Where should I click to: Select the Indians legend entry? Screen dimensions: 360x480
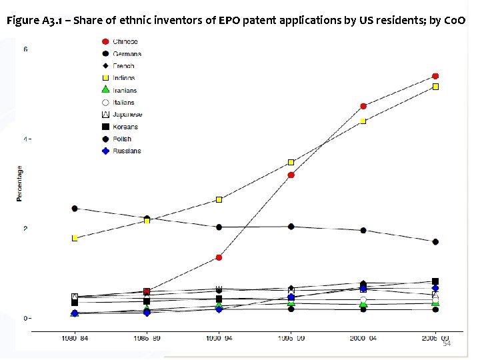(x=123, y=78)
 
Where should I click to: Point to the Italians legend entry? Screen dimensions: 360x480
(x=123, y=103)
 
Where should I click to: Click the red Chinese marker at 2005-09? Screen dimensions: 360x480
(x=435, y=76)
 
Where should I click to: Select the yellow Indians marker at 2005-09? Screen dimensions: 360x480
(x=435, y=87)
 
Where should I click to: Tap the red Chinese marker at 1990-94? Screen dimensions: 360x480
(x=219, y=257)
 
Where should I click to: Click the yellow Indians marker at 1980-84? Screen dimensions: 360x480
(x=75, y=238)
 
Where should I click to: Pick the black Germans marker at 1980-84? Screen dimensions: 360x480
(x=75, y=209)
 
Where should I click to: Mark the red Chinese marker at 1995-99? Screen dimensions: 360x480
(x=291, y=175)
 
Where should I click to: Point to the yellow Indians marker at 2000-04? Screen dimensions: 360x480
(x=363, y=121)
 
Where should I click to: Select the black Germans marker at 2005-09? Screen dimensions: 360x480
(x=435, y=242)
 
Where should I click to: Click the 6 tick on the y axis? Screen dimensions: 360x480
(x=26, y=50)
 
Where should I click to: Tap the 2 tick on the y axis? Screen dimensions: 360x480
(x=26, y=229)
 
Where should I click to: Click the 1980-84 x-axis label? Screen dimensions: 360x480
(x=75, y=339)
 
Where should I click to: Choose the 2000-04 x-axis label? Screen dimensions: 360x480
(x=363, y=339)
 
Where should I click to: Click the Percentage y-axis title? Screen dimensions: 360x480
(x=19, y=183)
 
